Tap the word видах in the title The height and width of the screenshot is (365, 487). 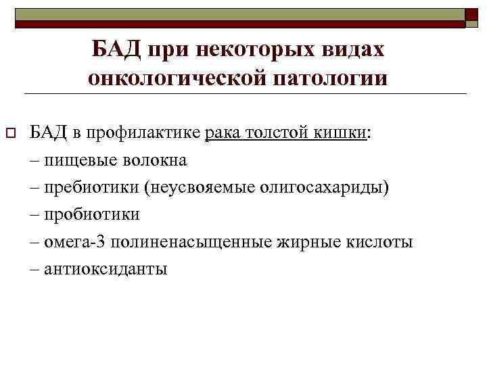(x=353, y=49)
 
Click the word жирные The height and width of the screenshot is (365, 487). (x=310, y=241)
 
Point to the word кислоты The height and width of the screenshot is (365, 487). (x=381, y=241)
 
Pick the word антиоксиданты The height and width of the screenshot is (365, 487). (x=106, y=268)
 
